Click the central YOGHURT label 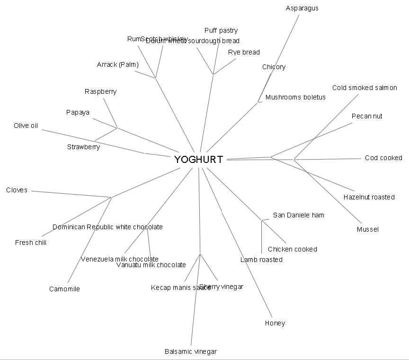[x=198, y=160]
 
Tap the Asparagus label [x=302, y=8]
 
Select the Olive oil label [x=26, y=126]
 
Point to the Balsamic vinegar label [x=190, y=351]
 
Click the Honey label [x=275, y=323]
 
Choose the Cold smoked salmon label [x=365, y=88]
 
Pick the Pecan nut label [x=367, y=116]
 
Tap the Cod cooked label [x=383, y=158]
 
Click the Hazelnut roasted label [x=369, y=197]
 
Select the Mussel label [x=367, y=229]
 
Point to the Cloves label [x=17, y=190]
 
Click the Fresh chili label [x=31, y=243]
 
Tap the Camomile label [x=64, y=289]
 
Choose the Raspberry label [x=100, y=91]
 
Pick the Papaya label [x=78, y=112]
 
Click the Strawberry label [x=83, y=147]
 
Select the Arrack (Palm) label [x=117, y=64]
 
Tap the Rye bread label [x=244, y=52]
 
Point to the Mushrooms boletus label [x=295, y=97]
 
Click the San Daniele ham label [x=298, y=215]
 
